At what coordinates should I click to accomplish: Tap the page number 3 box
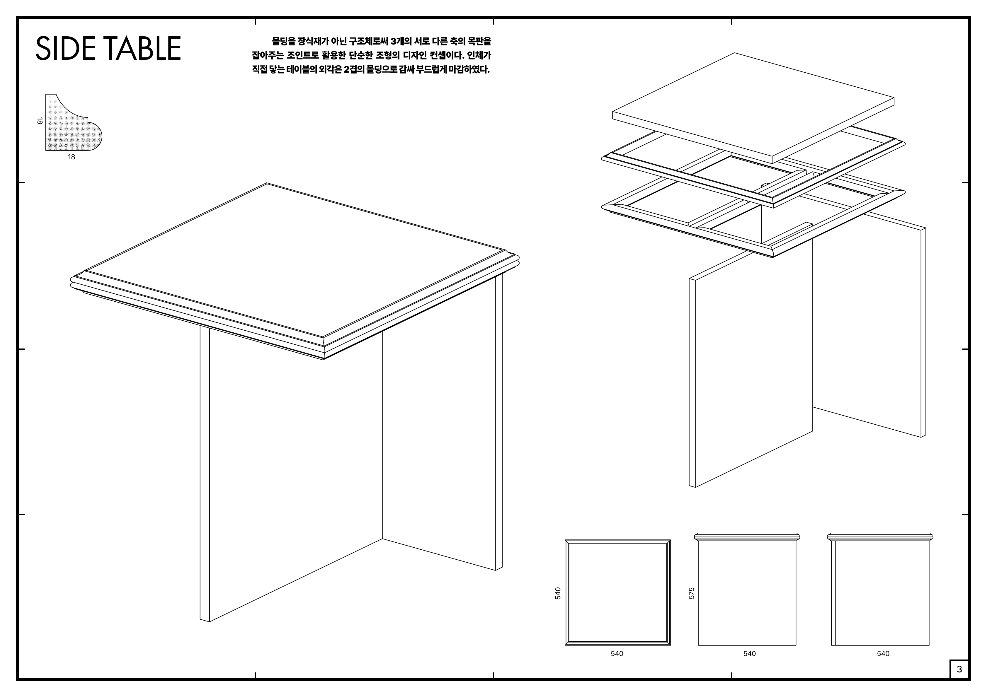point(959,669)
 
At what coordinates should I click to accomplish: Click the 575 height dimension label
point(692,593)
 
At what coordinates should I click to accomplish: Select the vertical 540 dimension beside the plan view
point(558,593)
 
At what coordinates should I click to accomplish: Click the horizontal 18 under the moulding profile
point(72,157)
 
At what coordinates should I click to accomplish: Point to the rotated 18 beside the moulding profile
point(40,121)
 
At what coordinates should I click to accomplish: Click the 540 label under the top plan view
point(617,654)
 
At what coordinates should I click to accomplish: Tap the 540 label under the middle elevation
point(749,654)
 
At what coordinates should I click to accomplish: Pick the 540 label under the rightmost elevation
point(883,654)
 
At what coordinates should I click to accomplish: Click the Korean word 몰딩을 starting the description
point(283,42)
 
